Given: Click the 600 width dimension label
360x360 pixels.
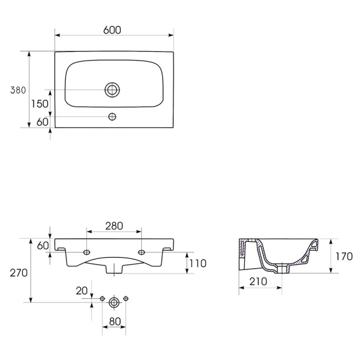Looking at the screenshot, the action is [112, 30].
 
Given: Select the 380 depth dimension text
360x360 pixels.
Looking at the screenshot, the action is [18, 90].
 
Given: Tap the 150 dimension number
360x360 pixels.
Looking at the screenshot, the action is [40, 104].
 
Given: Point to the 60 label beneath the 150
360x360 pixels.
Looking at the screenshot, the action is [42, 122].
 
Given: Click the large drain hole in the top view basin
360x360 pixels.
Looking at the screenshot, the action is [112, 90].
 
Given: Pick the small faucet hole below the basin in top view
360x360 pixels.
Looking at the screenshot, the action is [112, 117].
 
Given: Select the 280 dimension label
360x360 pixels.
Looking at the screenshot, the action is [114, 226].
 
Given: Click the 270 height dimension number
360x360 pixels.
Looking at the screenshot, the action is [19, 273].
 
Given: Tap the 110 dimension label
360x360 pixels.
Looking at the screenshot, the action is [198, 264].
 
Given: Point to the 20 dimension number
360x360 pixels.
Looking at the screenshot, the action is [82, 291].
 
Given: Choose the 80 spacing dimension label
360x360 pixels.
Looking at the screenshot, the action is [115, 322].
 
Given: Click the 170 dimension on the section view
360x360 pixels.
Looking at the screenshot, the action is [344, 256].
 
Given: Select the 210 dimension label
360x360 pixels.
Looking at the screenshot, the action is [258, 282].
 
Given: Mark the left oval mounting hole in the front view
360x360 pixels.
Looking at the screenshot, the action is [87, 252].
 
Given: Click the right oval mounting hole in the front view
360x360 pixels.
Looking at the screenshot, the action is [141, 252].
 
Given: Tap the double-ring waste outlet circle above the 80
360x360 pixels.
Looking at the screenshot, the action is [114, 302].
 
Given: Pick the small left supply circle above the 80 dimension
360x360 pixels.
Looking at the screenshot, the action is [102, 299].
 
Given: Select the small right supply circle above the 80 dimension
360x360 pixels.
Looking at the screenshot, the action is [126, 298].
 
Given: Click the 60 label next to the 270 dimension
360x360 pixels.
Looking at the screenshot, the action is [43, 246].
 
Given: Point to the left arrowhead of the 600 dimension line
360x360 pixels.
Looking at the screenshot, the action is [58, 35].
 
